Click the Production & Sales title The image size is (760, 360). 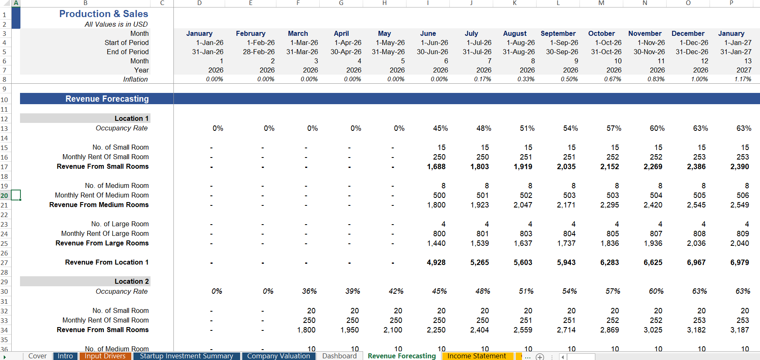coord(103,14)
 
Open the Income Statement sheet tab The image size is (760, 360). coord(477,356)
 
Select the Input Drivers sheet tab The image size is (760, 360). coord(105,356)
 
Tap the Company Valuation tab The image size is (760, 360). coord(278,356)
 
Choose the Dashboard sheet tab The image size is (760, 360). coord(339,356)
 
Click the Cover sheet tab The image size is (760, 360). coord(37,356)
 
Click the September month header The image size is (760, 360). coord(558,33)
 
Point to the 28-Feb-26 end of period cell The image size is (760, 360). coord(258,52)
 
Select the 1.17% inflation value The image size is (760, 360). coord(742,79)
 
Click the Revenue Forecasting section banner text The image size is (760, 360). coord(107,99)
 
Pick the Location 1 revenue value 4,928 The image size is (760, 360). coord(436,262)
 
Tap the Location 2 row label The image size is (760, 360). coord(131,282)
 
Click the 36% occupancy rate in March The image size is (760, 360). coord(309,291)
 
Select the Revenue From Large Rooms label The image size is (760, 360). coord(102,243)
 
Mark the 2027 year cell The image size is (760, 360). coord(744,70)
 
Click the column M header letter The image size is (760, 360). coord(601,3)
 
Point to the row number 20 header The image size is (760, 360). coord(4,195)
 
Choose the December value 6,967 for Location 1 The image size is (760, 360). coord(696,262)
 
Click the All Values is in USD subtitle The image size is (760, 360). coord(116,24)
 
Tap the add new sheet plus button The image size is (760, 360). coord(540,357)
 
